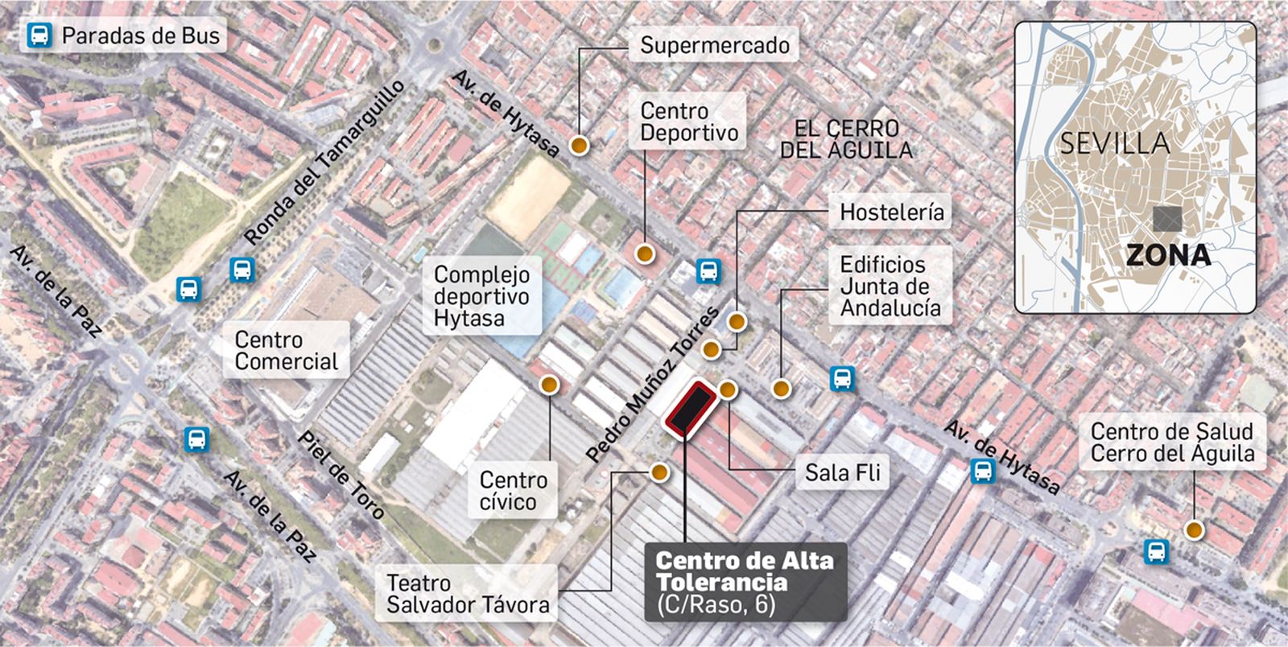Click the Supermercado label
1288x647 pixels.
click(x=715, y=45)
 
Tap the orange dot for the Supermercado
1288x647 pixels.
click(x=579, y=146)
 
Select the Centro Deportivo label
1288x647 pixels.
click(x=689, y=122)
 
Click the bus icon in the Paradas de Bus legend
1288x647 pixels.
click(x=39, y=35)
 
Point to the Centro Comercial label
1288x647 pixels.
click(x=286, y=350)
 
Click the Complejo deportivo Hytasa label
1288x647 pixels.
click(x=481, y=296)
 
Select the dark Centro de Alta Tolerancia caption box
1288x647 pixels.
click(x=745, y=582)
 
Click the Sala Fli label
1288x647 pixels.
click(x=842, y=472)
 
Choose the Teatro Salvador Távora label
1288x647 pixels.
click(x=468, y=593)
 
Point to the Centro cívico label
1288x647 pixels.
click(x=513, y=490)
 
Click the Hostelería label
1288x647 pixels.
click(x=891, y=212)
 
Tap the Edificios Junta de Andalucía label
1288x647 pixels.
click(x=890, y=286)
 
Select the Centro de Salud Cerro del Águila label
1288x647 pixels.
click(x=1171, y=442)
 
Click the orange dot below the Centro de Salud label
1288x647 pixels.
click(x=1194, y=530)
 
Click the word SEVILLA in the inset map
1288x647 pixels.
click(x=1114, y=143)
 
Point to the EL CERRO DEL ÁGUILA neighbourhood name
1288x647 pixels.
click(x=846, y=138)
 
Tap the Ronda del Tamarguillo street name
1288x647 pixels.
click(x=324, y=163)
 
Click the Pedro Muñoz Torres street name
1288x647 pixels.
click(x=652, y=385)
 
